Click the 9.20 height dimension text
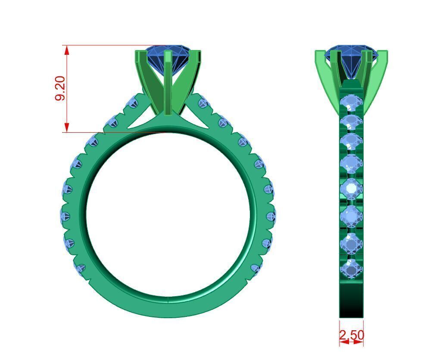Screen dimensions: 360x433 (x=60, y=88)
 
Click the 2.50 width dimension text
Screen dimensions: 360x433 (x=352, y=335)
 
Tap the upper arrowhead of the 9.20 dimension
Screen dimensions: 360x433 (x=67, y=50)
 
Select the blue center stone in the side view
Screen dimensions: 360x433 (x=351, y=56)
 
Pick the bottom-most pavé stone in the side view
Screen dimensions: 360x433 (x=352, y=268)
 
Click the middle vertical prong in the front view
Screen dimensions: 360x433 (x=168, y=82)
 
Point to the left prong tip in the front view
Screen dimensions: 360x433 (x=140, y=54)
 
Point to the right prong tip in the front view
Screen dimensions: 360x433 (x=197, y=54)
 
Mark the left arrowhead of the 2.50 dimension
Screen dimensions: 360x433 (x=343, y=341)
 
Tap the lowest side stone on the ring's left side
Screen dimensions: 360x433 (x=81, y=269)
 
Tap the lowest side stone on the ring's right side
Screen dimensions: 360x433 (x=257, y=269)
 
